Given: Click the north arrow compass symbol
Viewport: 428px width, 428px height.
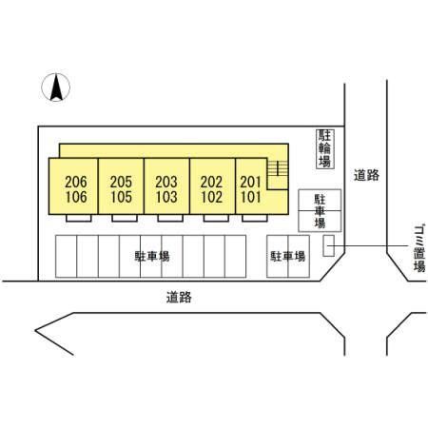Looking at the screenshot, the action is click(56, 88).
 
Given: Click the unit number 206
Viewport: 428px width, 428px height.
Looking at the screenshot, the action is click(76, 182).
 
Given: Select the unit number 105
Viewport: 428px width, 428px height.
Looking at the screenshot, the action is click(121, 197).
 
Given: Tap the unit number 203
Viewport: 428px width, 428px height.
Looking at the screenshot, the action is click(166, 182).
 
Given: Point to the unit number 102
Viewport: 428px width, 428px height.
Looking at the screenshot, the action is click(211, 197).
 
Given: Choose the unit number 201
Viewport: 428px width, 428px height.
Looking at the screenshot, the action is click(250, 182).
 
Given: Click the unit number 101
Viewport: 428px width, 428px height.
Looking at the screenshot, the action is click(250, 197).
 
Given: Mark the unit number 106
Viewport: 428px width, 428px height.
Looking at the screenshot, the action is click(76, 197).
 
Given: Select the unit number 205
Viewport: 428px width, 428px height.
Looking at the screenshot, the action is click(121, 182).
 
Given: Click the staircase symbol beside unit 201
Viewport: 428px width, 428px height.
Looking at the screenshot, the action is click(278, 168).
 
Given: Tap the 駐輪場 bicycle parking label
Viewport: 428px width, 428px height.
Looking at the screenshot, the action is click(325, 148).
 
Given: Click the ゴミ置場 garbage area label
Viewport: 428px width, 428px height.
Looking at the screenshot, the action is click(419, 248).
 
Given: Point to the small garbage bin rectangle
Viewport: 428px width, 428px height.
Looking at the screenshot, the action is click(328, 245).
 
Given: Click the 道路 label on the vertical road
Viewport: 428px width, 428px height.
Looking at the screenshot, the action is click(366, 175).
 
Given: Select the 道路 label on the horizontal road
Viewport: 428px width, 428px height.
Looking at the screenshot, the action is click(179, 298).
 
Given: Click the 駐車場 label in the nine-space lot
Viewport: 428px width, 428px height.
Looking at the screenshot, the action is click(152, 256).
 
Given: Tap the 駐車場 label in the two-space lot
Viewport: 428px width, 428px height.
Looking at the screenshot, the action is click(288, 256).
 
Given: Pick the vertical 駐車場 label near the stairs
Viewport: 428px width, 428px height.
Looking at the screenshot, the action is click(320, 211).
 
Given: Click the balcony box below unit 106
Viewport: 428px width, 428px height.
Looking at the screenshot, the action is click(79, 218).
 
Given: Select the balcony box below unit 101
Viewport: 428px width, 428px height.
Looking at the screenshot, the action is click(255, 218).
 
